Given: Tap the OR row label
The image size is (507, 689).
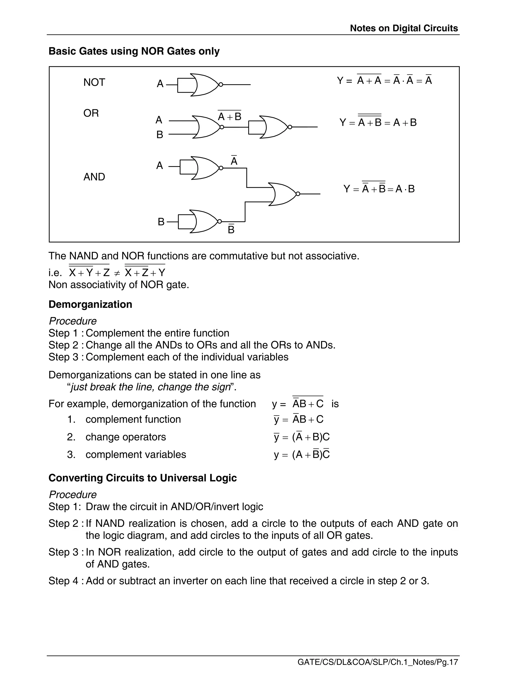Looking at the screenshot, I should pos(91,113).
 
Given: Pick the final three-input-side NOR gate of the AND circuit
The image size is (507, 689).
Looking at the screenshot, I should pos(283,194).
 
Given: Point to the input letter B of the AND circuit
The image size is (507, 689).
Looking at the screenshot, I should pos(161,222).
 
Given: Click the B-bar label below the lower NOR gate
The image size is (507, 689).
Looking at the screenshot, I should pos(231,229).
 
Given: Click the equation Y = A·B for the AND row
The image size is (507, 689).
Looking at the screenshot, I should pos(379,188).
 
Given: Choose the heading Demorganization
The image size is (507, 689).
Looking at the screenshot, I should pos(90,305).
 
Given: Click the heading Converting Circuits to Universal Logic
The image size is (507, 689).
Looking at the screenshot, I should pos(142,478).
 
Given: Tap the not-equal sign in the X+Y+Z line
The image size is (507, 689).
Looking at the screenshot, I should pos(117,273).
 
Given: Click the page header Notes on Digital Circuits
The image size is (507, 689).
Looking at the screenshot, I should pos(404,28).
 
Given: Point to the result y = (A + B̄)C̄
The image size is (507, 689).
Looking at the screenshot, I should pos(302,455).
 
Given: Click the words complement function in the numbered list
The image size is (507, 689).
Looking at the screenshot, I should pos(133,419).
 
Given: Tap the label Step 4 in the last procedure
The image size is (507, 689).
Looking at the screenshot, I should pos(64,581).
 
